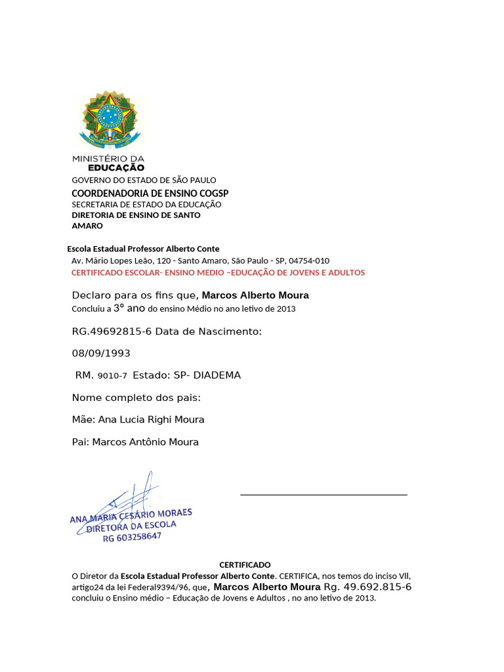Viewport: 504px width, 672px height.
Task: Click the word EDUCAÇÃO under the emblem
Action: [116, 167]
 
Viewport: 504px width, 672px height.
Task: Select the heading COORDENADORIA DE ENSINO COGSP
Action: [150, 193]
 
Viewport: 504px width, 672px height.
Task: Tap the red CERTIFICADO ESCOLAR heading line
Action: [218, 272]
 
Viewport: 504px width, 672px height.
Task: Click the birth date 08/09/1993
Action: [101, 353]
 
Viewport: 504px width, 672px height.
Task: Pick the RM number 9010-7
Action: [112, 375]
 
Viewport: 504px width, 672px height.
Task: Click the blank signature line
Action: [324, 494]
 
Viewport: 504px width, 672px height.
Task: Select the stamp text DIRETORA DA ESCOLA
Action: [132, 526]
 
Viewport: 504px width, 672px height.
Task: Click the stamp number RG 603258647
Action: [132, 537]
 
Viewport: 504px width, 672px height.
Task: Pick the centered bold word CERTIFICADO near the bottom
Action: [245, 564]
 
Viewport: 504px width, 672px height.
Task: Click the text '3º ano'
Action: [129, 308]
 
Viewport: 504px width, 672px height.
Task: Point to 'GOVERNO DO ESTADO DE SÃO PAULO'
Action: [144, 180]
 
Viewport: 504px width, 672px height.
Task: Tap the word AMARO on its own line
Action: [87, 226]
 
